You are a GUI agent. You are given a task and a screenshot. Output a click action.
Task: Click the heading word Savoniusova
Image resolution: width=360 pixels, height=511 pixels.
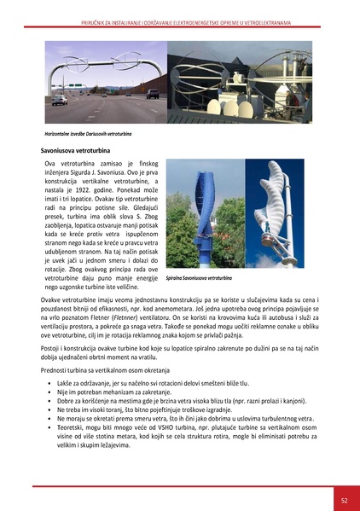tap(63, 148)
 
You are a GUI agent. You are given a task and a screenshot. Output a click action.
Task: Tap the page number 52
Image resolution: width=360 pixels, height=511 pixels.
tap(342, 499)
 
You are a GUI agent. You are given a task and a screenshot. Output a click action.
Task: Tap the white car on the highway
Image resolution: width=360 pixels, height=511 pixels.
tap(60, 100)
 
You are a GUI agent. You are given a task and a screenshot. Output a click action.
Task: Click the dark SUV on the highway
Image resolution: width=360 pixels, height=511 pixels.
tap(152, 94)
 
